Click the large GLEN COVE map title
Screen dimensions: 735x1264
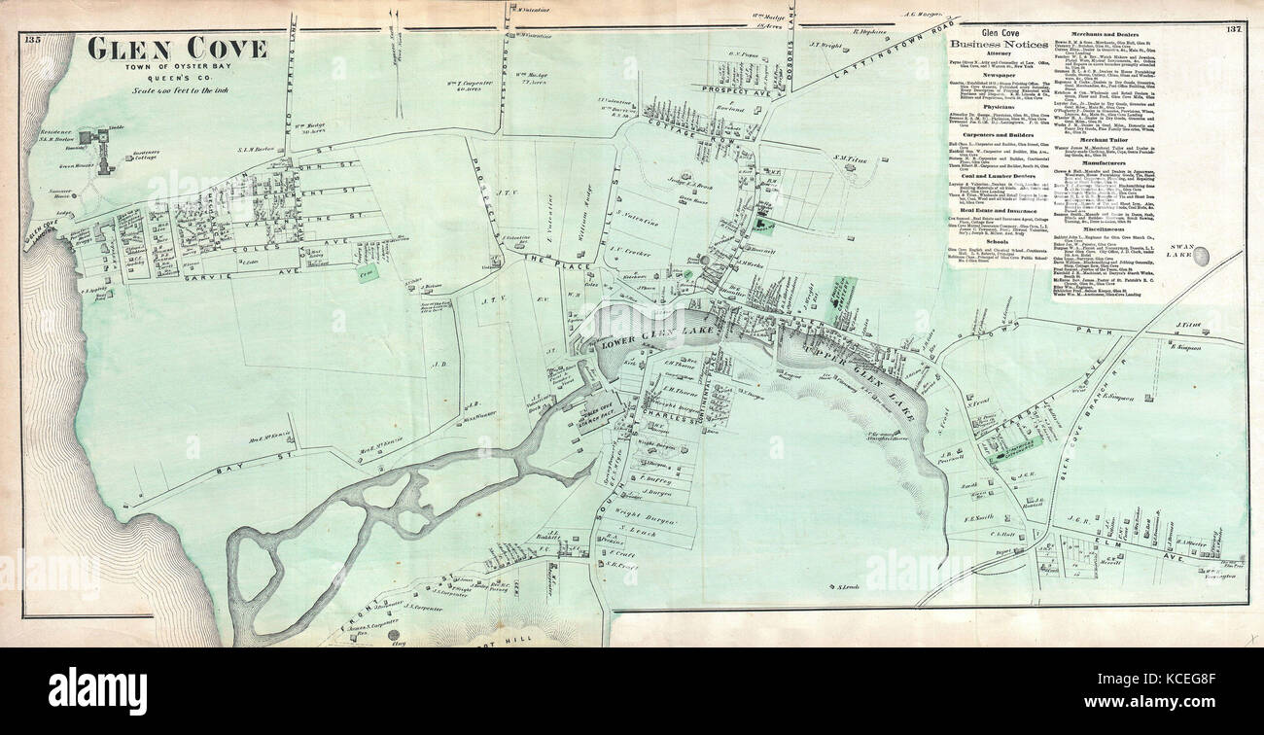coord(177,49)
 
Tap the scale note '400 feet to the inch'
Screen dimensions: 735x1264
coord(177,90)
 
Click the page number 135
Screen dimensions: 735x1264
coord(33,39)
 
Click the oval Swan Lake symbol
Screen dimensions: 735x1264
coord(1202,256)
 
